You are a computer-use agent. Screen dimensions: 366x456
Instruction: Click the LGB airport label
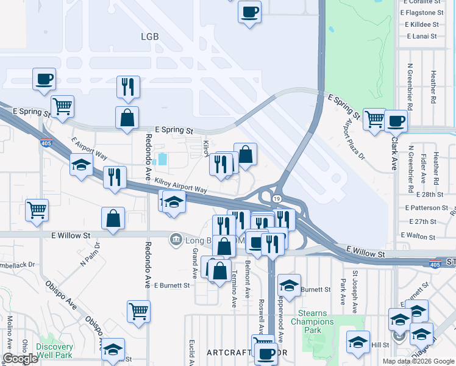tap(149, 37)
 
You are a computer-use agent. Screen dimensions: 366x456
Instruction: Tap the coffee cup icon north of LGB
tap(249, 12)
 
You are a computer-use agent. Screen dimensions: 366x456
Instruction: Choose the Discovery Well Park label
tap(54, 351)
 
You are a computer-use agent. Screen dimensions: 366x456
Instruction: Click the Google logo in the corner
tap(20, 359)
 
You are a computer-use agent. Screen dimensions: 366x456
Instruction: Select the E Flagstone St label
tap(422, 12)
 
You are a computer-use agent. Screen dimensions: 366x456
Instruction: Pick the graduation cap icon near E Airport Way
tap(81, 165)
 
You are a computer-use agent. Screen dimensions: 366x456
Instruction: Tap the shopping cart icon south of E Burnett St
tap(138, 311)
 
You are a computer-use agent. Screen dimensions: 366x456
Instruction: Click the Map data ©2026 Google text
tap(418, 361)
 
